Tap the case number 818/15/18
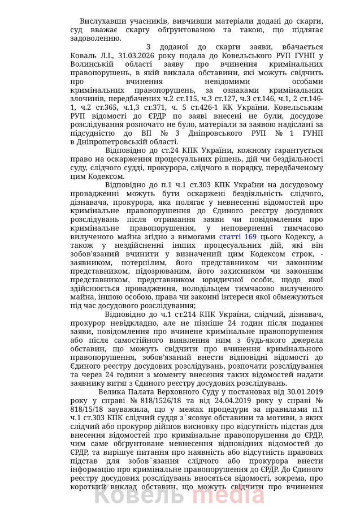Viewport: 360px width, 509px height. coord(74,409)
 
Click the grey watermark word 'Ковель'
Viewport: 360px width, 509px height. coord(137,495)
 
